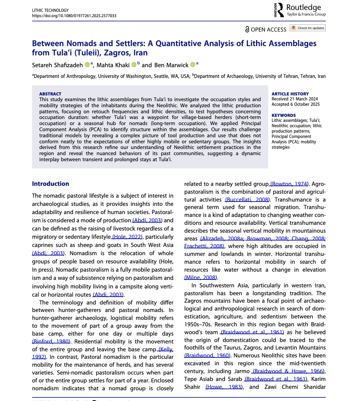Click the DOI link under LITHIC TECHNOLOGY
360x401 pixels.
tap(74, 16)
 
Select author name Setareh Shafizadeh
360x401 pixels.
tap(57, 65)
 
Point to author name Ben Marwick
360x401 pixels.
tap(171, 65)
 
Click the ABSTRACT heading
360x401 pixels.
tap(50, 94)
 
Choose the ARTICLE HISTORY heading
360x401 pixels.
tap(290, 94)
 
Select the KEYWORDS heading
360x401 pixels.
tap(284, 115)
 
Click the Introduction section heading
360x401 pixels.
tap(50, 184)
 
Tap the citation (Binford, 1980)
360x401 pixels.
tap(51, 341)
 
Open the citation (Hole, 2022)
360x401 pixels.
tap(127, 237)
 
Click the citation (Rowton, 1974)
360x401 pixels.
tap(289, 184)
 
